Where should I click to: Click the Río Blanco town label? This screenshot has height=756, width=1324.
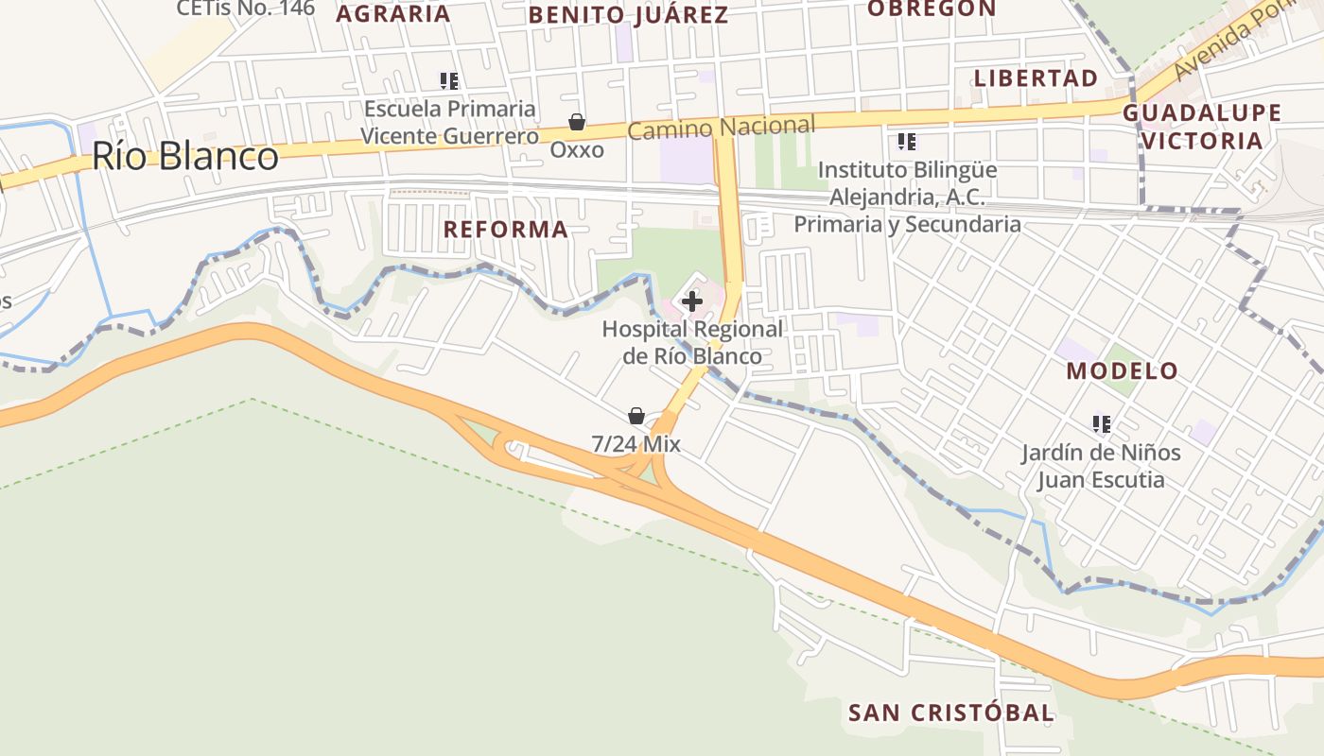click(185, 156)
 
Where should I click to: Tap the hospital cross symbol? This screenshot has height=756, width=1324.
click(692, 301)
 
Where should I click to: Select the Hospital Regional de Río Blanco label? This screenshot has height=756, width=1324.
click(692, 343)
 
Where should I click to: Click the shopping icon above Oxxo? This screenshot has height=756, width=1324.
click(576, 122)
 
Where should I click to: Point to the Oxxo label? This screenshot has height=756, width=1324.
click(577, 149)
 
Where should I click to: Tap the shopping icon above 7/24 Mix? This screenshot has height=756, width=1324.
click(636, 416)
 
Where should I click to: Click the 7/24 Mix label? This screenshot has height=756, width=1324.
click(636, 443)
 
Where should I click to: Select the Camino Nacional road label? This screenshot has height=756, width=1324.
click(721, 128)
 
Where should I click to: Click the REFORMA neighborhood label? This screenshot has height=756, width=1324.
click(506, 230)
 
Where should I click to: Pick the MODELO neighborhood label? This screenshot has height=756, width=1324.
click(1123, 370)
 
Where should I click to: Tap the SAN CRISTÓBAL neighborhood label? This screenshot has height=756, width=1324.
click(950, 713)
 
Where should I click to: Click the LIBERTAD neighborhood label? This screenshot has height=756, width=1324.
click(1036, 78)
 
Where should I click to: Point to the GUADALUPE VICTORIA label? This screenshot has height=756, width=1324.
click(1202, 127)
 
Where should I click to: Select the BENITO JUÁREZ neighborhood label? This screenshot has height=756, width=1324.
click(628, 15)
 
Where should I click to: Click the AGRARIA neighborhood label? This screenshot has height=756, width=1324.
click(392, 14)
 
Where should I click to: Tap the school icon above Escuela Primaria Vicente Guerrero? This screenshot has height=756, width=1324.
click(449, 81)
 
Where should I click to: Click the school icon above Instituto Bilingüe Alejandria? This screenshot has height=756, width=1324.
click(907, 143)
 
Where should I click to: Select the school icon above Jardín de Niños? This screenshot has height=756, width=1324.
click(1101, 424)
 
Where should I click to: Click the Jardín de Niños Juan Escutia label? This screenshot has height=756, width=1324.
click(1101, 466)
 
